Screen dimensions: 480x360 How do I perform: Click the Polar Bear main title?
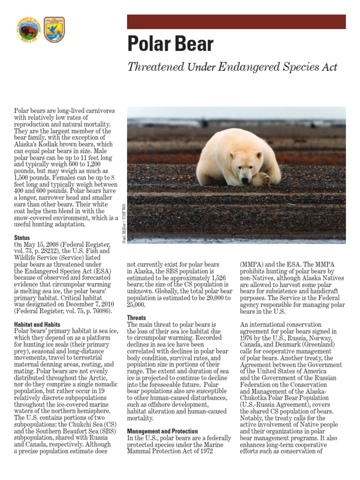tap(171, 44)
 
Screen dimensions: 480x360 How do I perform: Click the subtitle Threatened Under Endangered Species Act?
tap(232, 67)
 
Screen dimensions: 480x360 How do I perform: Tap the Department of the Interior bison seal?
tap(29, 30)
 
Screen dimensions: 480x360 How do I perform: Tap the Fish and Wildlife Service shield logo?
tap(54, 30)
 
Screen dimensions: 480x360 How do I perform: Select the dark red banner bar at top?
tap(236, 22)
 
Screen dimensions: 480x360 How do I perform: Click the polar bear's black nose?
tap(245, 180)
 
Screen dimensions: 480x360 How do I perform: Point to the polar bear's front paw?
tap(260, 179)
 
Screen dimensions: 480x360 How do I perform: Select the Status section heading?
tap(22, 238)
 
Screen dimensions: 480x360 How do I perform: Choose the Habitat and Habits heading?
tap(37, 324)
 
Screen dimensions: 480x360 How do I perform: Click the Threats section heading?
tap(137, 317)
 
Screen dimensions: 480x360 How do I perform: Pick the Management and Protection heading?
tap(162, 431)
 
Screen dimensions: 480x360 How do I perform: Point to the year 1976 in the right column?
tap(248, 337)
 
